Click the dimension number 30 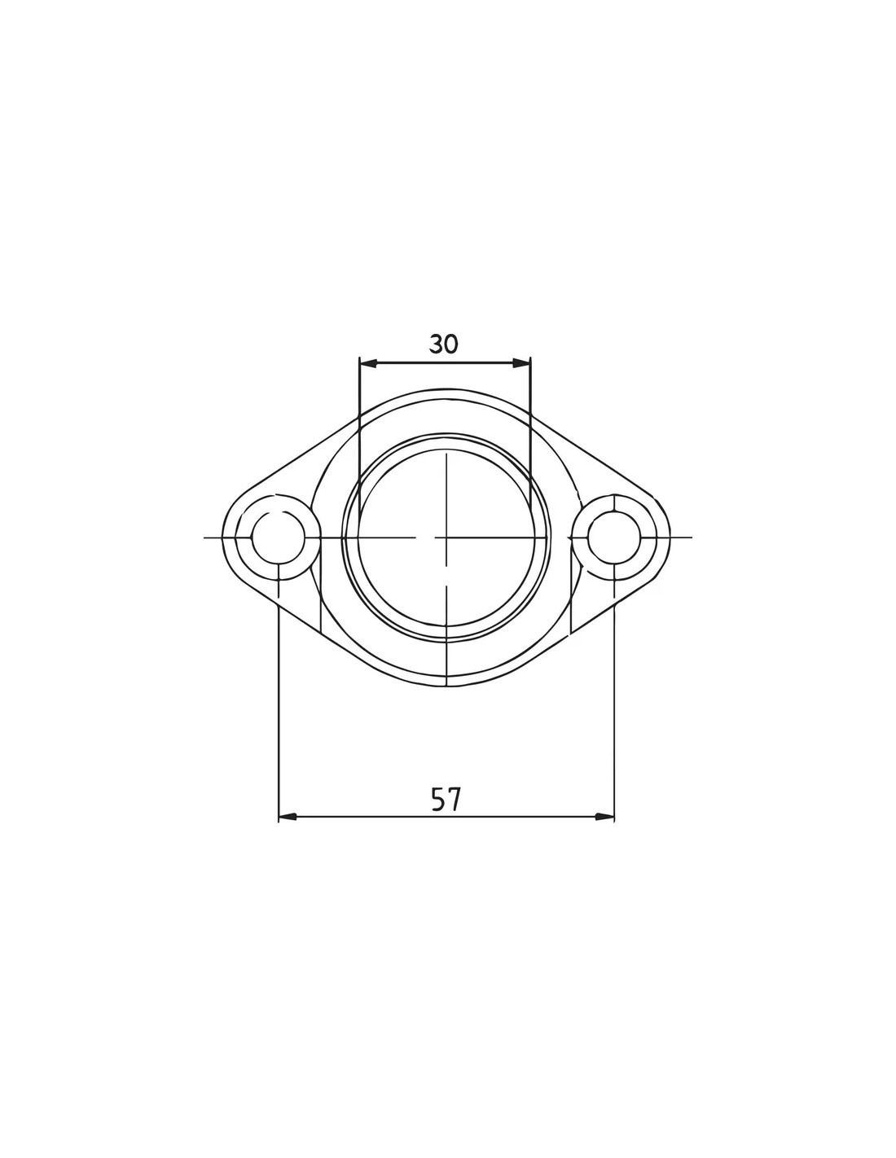(443, 344)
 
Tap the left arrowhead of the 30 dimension (369, 363)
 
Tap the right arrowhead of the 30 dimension (522, 363)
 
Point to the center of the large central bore (446, 537)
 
